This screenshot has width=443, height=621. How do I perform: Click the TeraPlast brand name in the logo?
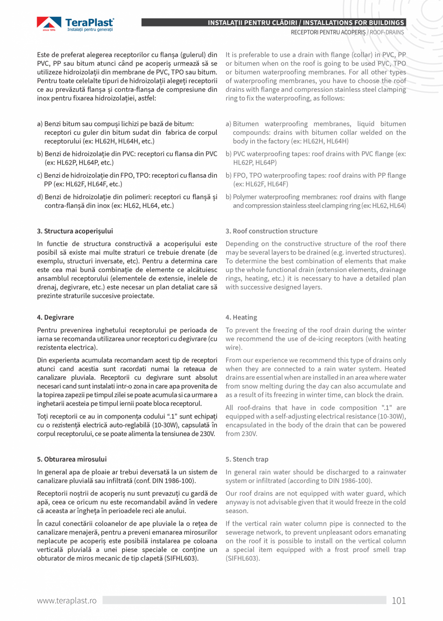pos(90,22)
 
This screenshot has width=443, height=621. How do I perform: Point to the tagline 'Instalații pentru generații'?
pos(90,30)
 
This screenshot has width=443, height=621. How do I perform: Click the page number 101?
pos(399,601)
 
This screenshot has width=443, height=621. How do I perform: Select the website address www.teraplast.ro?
pos(67,601)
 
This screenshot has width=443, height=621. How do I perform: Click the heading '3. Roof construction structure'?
pos(272,231)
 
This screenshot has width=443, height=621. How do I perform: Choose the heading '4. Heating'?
pos(241,318)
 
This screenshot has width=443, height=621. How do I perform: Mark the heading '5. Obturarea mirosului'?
pos(72,459)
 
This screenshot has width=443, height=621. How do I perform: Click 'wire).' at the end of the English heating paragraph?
pos(234,348)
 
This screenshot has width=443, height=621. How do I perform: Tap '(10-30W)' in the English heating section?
pos(391,416)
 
